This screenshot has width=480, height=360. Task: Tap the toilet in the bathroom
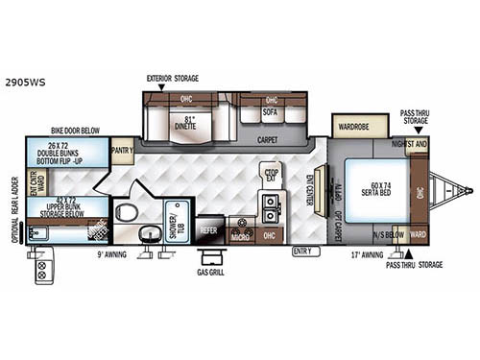pos(124,211)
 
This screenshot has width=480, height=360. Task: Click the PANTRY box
pos(122,151)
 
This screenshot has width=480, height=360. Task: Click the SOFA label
pos(271,112)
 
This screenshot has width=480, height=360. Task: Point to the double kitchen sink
pos(271,203)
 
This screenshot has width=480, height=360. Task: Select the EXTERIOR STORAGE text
pos(172,79)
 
